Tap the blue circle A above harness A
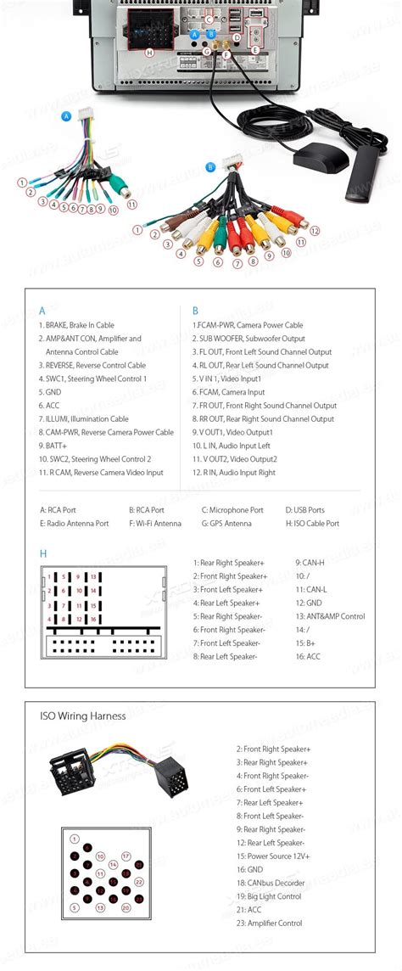pyautogui.click(x=67, y=115)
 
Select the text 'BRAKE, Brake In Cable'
pyautogui.click(x=76, y=325)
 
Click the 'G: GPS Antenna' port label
pyautogui.click(x=226, y=524)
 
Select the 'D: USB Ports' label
pyautogui.click(x=304, y=510)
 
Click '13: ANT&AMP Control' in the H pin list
pyautogui.click(x=330, y=616)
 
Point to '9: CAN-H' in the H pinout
pyautogui.click(x=310, y=563)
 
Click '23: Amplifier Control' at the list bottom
pyautogui.click(x=274, y=923)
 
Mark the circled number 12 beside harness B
pyautogui.click(x=315, y=230)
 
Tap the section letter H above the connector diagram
pyautogui.click(x=43, y=554)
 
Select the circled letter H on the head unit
pyautogui.click(x=149, y=53)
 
